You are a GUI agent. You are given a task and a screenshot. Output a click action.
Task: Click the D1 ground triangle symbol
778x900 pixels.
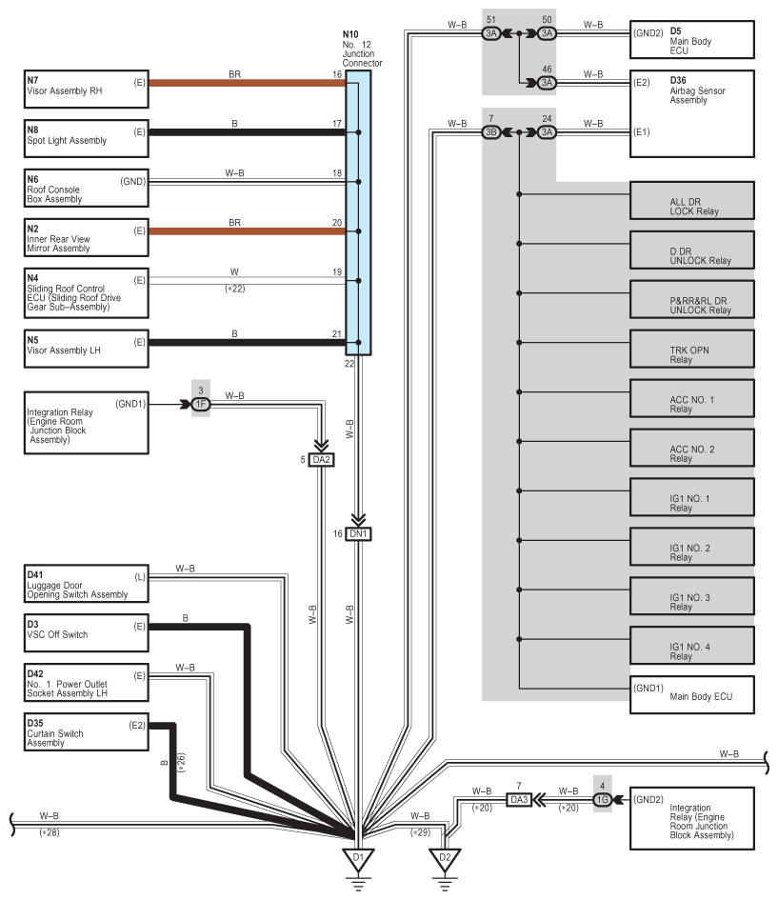[358, 860]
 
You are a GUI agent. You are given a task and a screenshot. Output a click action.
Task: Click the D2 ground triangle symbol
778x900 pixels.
[445, 860]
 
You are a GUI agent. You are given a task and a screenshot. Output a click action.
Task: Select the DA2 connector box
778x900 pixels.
[321, 460]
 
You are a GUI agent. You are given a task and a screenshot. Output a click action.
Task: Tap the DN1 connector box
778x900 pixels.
[358, 533]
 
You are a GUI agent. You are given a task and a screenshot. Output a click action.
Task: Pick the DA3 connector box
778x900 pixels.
[519, 800]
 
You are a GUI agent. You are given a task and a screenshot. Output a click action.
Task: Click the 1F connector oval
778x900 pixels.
[201, 404]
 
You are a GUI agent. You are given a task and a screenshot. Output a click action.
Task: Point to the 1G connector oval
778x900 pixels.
[603, 800]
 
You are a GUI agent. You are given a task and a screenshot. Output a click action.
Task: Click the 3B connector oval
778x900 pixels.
[491, 132]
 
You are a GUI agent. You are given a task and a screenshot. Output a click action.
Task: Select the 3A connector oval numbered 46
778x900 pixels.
[547, 83]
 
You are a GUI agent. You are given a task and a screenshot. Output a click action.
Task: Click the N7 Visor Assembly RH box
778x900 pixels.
[87, 89]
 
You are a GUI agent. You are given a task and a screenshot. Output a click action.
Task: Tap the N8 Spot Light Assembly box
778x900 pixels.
[87, 138]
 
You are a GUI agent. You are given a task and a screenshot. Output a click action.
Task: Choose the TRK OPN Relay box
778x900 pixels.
[692, 349]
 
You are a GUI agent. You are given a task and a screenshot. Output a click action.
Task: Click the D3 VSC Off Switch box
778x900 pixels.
[87, 633]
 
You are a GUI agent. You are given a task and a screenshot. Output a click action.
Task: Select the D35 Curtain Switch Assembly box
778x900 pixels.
[87, 731]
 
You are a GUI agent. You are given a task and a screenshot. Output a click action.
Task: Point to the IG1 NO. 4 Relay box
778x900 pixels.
[692, 646]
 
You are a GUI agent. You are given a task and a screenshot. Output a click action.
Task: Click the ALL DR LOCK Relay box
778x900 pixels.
[692, 201]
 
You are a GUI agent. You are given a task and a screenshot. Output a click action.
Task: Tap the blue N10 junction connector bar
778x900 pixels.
[358, 212]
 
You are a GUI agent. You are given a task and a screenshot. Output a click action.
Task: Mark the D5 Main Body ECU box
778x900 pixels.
[692, 40]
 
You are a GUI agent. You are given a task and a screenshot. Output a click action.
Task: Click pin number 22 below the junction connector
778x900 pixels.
[349, 363]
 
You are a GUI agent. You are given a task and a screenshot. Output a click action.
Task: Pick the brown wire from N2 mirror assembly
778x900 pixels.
[248, 231]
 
